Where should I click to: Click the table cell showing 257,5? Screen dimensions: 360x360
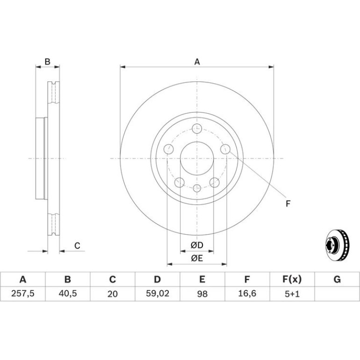click(x=23, y=294)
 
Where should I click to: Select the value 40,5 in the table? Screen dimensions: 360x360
click(x=68, y=294)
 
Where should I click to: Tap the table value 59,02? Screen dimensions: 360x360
click(x=158, y=294)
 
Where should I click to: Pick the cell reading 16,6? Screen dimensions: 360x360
click(x=247, y=294)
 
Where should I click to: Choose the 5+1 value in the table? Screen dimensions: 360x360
click(x=292, y=294)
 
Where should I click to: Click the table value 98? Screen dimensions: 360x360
click(x=202, y=294)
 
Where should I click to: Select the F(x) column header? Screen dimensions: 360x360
click(x=292, y=280)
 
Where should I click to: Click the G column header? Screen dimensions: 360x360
click(x=337, y=280)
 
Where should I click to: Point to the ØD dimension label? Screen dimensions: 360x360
click(x=197, y=245)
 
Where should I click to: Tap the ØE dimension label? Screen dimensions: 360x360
click(x=197, y=258)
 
